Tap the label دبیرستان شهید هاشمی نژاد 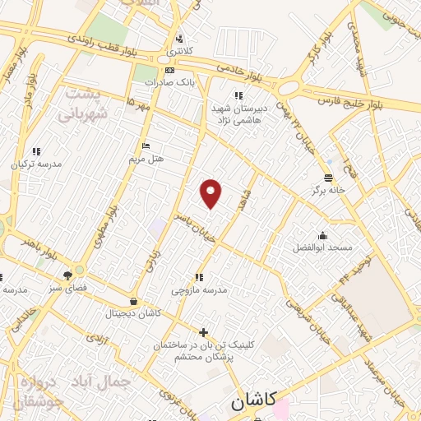point(238,113)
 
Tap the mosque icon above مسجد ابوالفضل point(322,236)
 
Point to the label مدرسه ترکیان point(35,164)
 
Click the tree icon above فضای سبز point(67,275)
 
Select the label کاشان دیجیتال point(134,314)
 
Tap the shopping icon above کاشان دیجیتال point(133,302)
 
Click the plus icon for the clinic point(204,332)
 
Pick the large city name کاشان point(249,403)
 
